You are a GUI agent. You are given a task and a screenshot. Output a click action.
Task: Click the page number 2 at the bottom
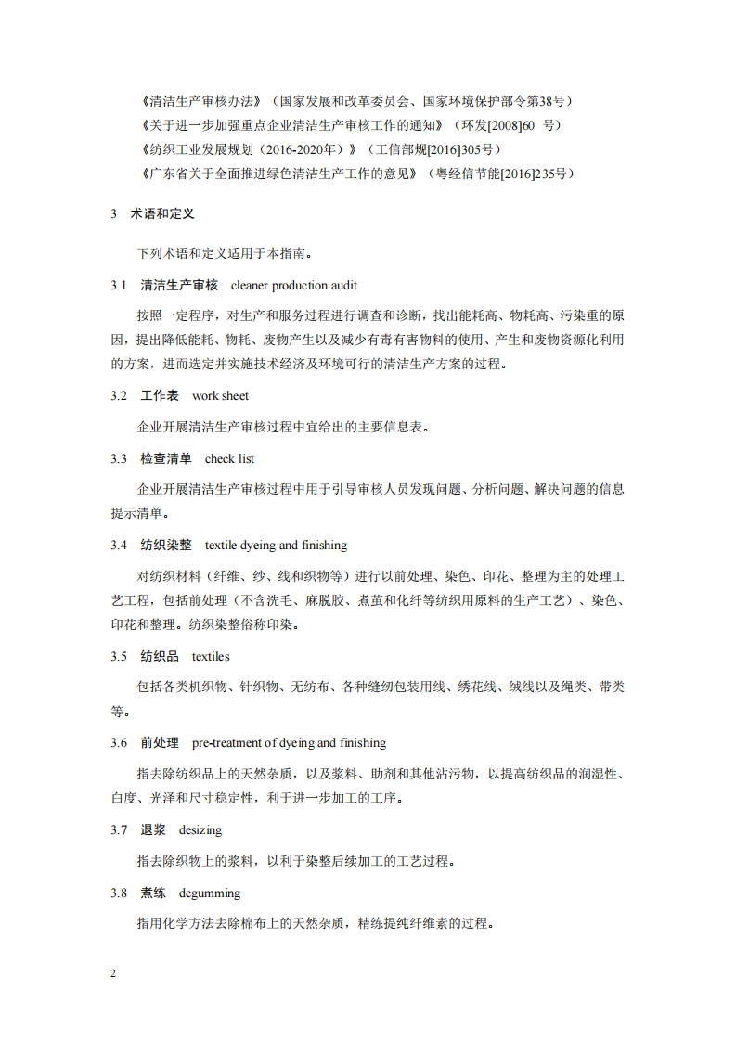pos(113,972)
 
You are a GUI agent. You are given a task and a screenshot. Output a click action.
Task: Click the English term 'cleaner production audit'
pos(293,285)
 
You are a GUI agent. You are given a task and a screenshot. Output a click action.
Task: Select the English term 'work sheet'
pos(221,395)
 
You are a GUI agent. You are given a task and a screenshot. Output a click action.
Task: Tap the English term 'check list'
pos(229,458)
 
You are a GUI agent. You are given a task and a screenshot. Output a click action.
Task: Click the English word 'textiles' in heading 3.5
pos(211,656)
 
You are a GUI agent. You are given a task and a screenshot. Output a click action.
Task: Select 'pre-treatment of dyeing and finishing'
pos(289,742)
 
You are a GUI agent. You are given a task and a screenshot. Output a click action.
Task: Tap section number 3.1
pos(118,285)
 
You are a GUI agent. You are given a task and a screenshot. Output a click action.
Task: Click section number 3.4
pos(118,545)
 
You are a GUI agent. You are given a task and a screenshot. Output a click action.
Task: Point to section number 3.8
pos(118,893)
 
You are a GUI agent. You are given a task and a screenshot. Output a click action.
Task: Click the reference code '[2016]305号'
pos(461,148)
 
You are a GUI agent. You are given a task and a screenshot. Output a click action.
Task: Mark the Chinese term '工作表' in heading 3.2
pos(160,395)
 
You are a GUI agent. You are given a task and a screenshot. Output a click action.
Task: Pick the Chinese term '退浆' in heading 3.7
pos(153,829)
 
